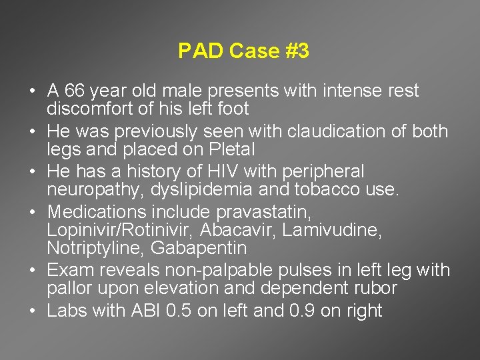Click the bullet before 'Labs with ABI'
click(33, 311)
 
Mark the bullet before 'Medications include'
click(33, 213)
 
